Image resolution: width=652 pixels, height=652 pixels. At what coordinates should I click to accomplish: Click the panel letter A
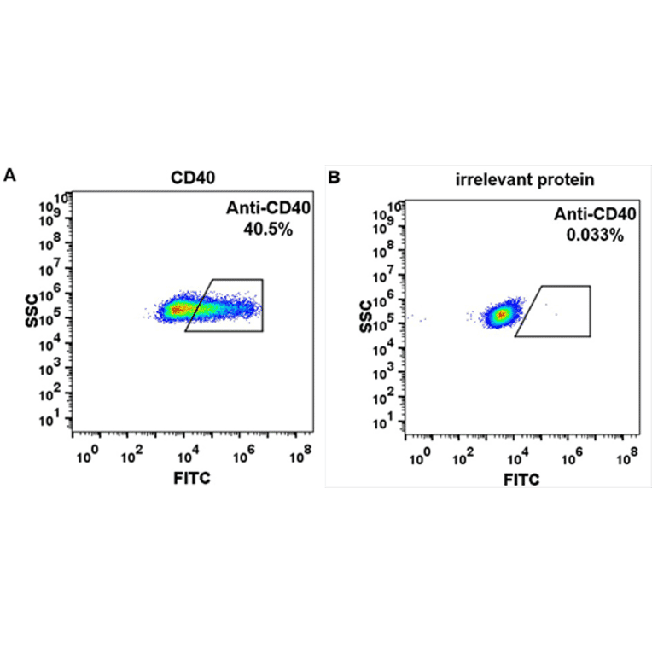click(10, 175)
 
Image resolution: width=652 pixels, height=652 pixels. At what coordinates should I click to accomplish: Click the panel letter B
click(335, 178)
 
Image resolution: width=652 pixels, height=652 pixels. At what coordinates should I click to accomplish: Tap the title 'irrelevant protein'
click(523, 179)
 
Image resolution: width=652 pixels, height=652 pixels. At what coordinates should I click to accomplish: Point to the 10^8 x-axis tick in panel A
click(297, 457)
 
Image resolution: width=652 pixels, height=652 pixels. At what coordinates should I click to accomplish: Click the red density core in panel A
click(178, 309)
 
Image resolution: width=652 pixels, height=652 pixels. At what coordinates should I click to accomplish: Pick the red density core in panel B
click(502, 315)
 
